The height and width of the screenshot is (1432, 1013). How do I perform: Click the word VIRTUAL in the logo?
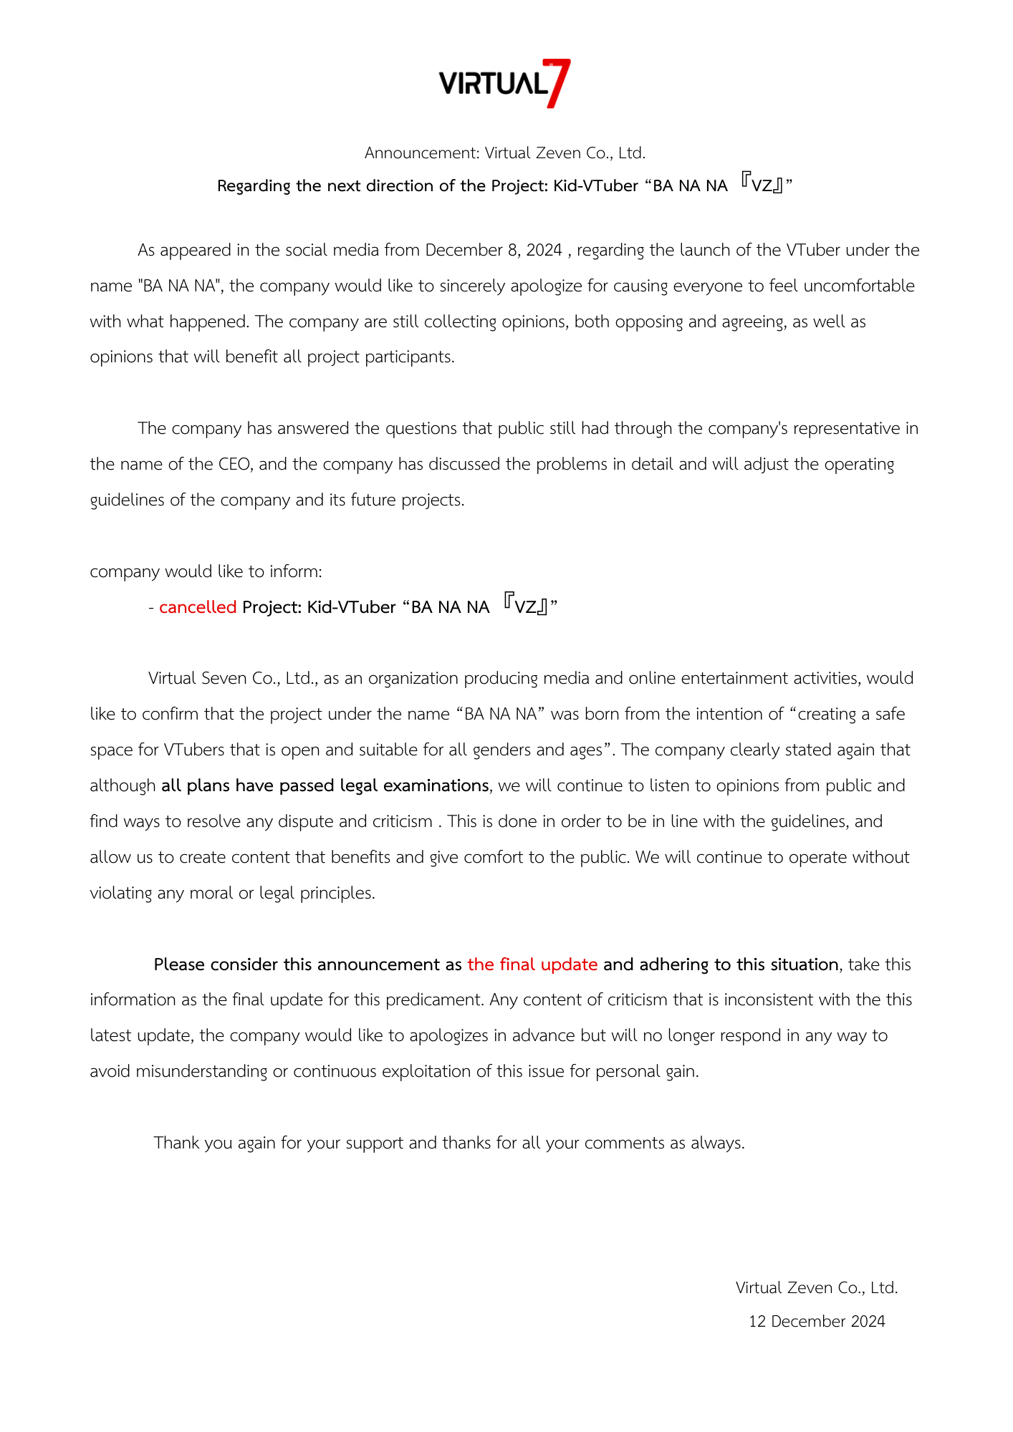pos(493,84)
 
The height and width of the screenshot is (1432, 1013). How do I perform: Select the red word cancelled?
pos(198,607)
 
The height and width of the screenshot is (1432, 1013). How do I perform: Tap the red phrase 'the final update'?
pos(532,964)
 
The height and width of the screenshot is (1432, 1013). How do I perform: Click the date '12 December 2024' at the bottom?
pos(817,1321)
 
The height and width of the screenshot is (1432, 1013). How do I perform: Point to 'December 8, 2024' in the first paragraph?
pos(494,250)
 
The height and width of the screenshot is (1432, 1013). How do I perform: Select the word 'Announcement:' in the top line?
pos(422,153)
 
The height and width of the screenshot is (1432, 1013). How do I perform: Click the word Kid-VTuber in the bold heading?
pos(595,185)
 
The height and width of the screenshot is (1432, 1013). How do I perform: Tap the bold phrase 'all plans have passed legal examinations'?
pos(325,785)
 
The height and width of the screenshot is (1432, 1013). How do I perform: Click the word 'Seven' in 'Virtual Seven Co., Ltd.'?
pos(224,678)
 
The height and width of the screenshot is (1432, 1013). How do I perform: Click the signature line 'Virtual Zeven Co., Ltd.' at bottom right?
pos(817,1287)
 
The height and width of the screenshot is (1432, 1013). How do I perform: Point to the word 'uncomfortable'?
pos(858,286)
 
